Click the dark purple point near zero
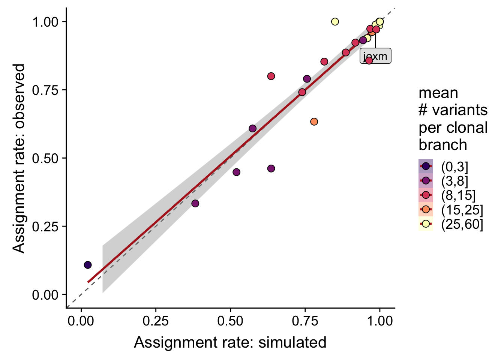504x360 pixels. tap(88, 265)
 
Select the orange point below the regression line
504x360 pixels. tap(314, 121)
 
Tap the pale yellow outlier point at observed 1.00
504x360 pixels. tap(335, 22)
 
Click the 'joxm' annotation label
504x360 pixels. tap(375, 56)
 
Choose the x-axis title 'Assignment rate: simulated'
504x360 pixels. tap(230, 342)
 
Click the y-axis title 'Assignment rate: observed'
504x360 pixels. tap(19, 158)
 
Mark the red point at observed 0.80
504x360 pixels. tap(271, 76)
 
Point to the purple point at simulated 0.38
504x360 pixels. tap(195, 204)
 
